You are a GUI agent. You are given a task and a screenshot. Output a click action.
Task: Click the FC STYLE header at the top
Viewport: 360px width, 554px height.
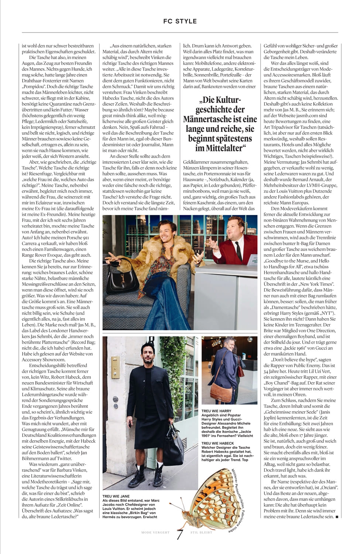180,21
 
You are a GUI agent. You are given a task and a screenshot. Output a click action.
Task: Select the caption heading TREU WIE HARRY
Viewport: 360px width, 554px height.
216,411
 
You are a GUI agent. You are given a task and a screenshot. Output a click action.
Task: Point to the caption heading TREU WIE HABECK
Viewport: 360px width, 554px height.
217,443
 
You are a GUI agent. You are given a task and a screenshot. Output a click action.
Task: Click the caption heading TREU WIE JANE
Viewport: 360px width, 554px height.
116,496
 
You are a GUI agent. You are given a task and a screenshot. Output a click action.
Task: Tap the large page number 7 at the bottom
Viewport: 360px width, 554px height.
180,534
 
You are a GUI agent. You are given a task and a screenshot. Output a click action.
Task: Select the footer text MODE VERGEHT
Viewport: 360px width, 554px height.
155,533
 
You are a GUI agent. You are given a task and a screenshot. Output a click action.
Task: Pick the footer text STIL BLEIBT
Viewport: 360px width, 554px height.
201,533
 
